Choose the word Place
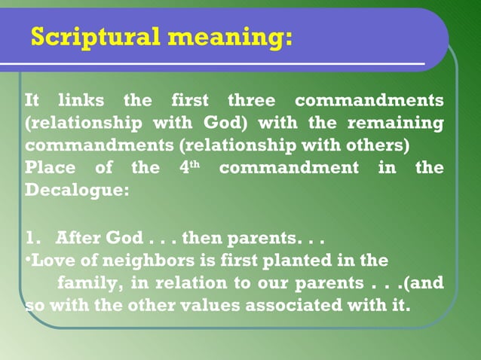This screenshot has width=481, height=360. coord(50,167)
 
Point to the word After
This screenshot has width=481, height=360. coord(78,238)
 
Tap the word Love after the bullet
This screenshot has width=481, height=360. coord(50,261)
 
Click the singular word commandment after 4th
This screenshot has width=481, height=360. coord(290,167)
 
